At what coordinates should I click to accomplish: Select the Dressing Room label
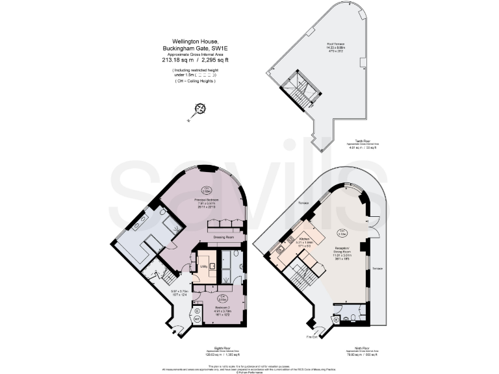pos(224,237)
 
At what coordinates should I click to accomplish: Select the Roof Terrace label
pos(335,45)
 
